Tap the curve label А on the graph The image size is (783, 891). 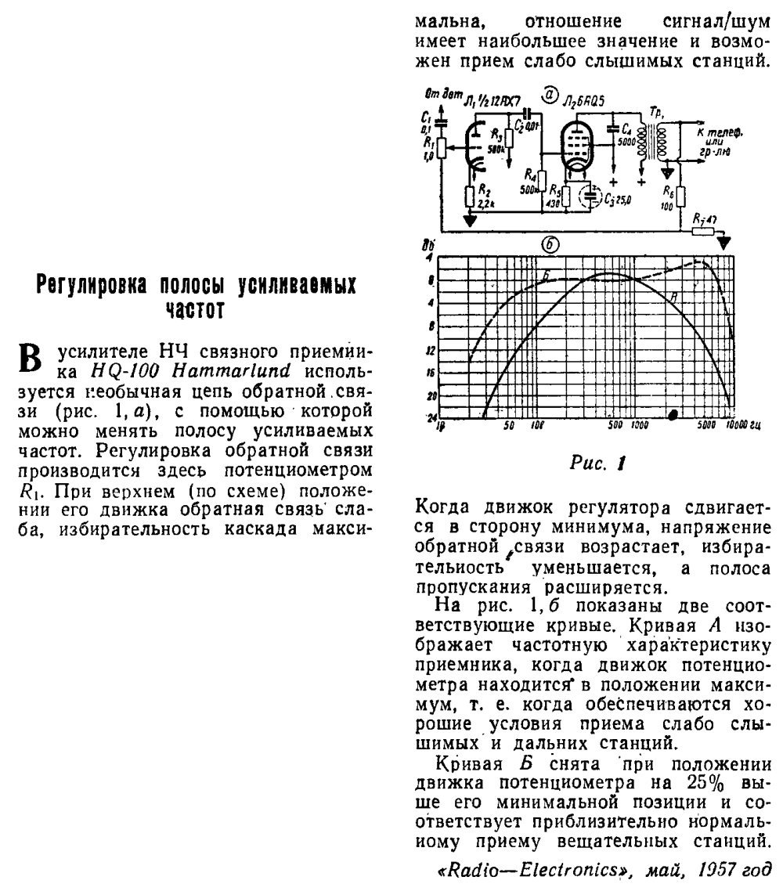click(675, 295)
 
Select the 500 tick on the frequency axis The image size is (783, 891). click(615, 426)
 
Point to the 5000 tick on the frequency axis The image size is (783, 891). click(705, 426)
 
